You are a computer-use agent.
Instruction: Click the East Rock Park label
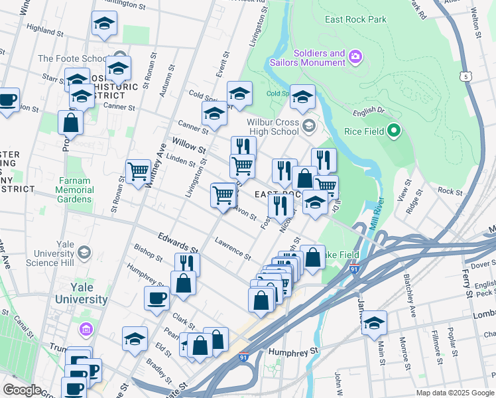click(x=355, y=19)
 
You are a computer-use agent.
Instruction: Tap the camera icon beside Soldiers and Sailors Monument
click(x=355, y=57)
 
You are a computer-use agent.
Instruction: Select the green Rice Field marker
click(x=394, y=131)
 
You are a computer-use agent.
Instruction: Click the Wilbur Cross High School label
click(x=273, y=127)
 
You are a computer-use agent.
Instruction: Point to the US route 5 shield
click(x=466, y=76)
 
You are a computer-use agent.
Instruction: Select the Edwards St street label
click(x=178, y=241)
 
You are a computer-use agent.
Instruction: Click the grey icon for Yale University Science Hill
click(x=84, y=252)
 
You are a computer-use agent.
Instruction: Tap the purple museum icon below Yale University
click(x=84, y=329)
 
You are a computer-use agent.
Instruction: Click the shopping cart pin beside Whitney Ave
click(x=138, y=171)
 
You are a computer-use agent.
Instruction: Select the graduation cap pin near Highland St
click(x=104, y=23)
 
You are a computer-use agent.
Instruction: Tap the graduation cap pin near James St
click(x=374, y=322)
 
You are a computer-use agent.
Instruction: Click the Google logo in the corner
click(x=21, y=389)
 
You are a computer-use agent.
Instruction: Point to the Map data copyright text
click(x=454, y=393)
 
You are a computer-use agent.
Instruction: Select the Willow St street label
click(x=189, y=143)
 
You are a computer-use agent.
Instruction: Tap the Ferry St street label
click(x=469, y=283)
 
